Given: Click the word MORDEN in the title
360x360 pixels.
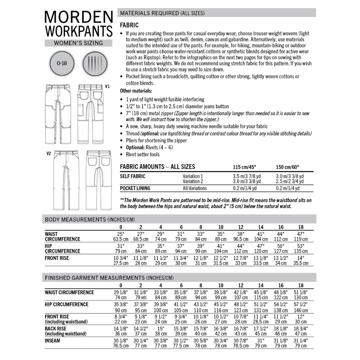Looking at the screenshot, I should (79, 17).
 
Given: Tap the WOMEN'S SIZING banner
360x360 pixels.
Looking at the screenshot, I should (79, 43).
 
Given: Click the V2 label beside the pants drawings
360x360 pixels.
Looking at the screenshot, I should (49, 154).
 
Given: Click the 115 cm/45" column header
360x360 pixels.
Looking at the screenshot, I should (245, 167).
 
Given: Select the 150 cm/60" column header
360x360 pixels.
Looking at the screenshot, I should (288, 167).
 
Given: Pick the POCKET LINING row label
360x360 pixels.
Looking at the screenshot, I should (135, 188).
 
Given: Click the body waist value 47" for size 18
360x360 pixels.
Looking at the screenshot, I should (301, 234).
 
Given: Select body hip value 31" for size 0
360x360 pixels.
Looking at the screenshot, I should (121, 246).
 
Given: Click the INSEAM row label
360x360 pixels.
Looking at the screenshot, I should (53, 341).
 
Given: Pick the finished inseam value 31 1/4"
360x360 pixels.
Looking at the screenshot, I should (301, 340).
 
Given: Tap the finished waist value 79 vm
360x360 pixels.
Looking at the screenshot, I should (141, 298).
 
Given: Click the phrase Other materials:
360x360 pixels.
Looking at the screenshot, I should (136, 91).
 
